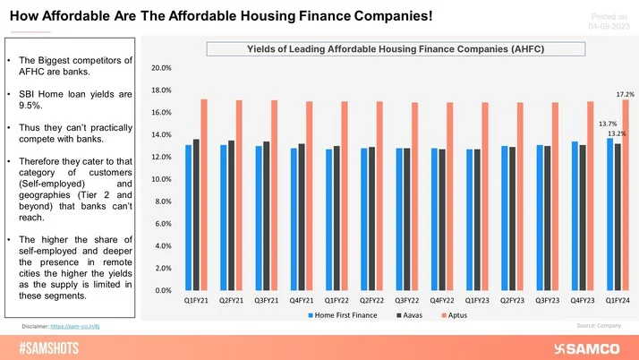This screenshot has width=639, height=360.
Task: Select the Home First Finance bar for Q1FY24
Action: (x=609, y=215)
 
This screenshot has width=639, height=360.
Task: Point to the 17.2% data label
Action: (x=625, y=94)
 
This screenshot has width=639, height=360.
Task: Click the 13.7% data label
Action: (x=608, y=124)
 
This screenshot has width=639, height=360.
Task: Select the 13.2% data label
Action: (x=618, y=133)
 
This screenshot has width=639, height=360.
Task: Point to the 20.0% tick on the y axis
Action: (x=161, y=68)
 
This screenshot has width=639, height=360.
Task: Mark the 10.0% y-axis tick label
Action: (x=161, y=179)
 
